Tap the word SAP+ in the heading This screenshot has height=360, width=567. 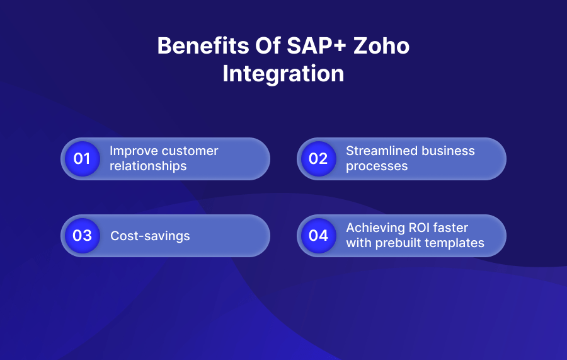[x=307, y=47]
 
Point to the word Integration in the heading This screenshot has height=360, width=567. [x=283, y=74]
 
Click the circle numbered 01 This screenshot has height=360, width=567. [x=82, y=159]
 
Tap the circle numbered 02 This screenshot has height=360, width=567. [x=318, y=159]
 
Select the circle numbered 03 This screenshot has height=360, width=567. [x=82, y=236]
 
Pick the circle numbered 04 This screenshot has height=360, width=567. [x=318, y=236]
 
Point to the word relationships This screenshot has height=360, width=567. [x=148, y=166]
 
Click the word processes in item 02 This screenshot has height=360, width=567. [x=377, y=166]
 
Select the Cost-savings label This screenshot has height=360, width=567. [x=150, y=236]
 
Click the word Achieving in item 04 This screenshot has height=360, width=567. [x=374, y=228]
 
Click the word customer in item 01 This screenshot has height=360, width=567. [x=190, y=151]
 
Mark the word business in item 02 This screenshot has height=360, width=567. [x=449, y=151]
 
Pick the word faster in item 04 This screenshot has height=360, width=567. [x=451, y=228]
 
